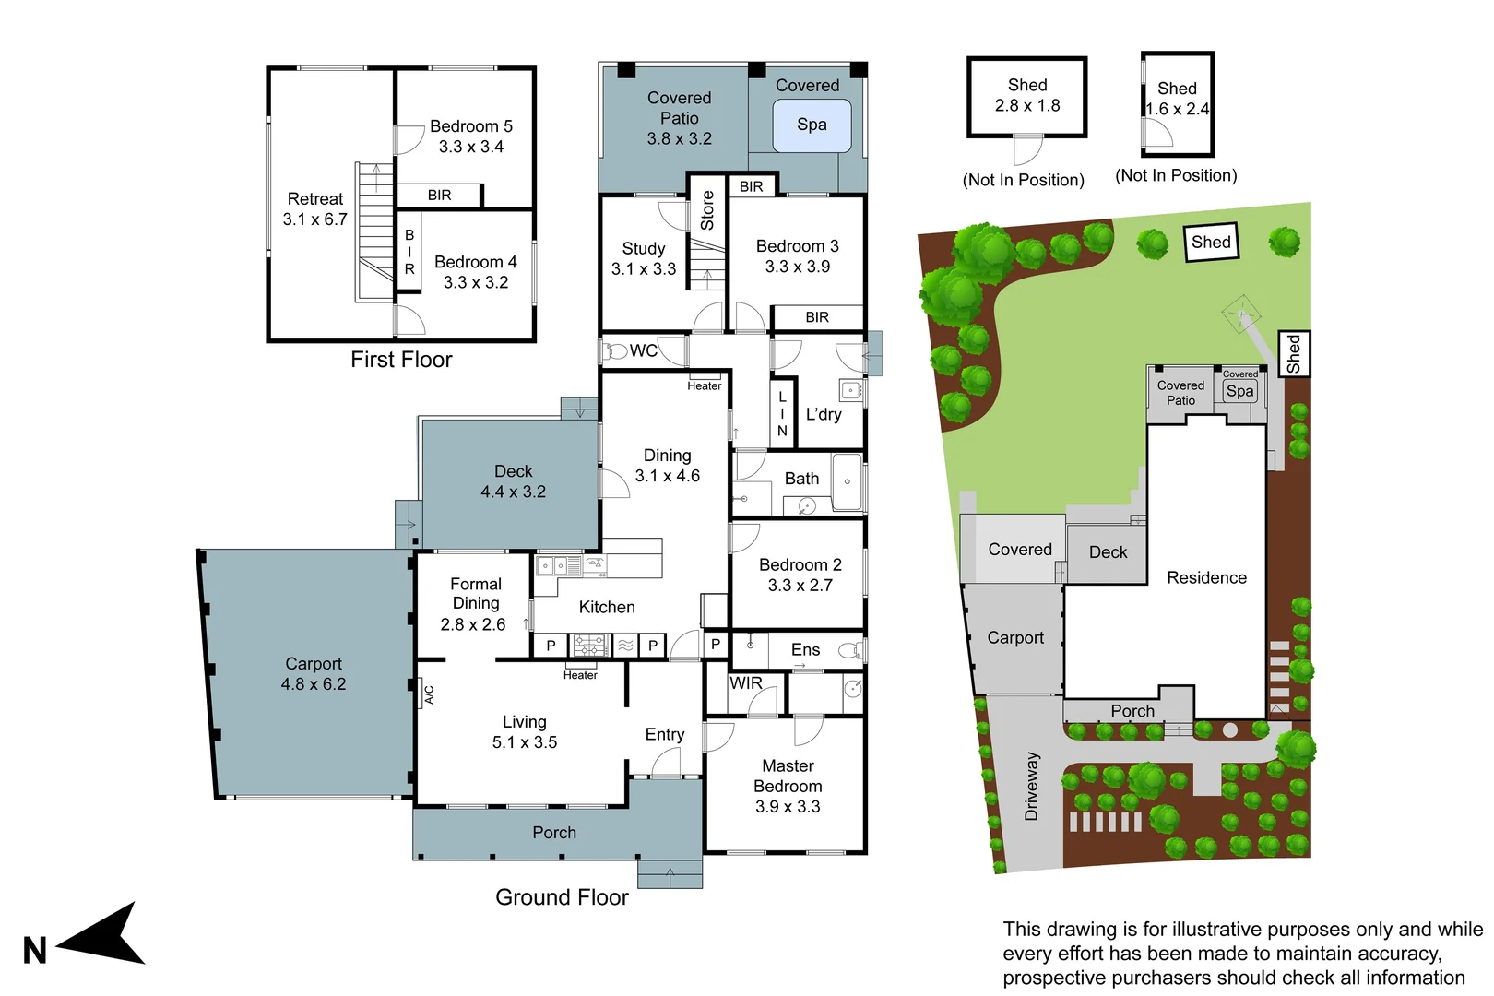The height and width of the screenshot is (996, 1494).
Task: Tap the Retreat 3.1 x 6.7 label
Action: coord(314,209)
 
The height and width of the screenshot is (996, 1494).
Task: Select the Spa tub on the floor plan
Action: coord(811,125)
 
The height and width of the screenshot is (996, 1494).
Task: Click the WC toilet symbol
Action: coord(615,351)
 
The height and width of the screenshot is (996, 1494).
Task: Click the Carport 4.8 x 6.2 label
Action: coord(313,674)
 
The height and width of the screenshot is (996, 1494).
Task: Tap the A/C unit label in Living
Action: coord(429,694)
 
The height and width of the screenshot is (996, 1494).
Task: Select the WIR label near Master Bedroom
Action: coord(745,683)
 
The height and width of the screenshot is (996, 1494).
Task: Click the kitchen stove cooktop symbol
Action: coord(590,645)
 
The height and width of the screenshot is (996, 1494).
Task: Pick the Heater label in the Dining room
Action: coord(704,386)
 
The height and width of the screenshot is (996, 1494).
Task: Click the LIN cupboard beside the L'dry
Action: coord(782,413)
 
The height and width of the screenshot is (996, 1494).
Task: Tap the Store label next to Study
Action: coord(707,210)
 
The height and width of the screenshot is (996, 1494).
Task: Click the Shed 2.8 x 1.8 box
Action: coord(1026,96)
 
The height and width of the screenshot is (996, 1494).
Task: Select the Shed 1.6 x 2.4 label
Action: coord(1177,99)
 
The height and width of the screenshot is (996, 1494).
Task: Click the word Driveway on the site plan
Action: coord(1031,786)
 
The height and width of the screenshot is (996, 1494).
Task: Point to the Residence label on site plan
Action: coord(1206,578)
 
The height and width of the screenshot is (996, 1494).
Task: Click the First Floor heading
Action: coord(401,360)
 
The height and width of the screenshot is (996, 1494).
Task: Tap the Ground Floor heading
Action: coord(562,897)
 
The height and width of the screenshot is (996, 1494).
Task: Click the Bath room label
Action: coord(801,479)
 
